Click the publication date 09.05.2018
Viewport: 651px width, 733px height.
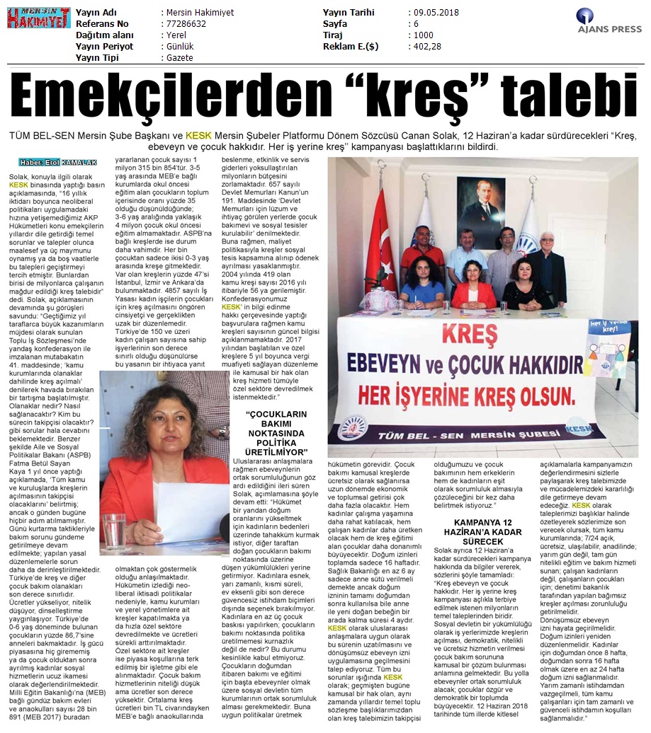436,13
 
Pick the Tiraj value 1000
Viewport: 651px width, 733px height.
423,35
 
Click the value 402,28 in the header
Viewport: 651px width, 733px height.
427,46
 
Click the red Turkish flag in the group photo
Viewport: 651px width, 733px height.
380,250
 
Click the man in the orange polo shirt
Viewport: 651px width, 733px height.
422,248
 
